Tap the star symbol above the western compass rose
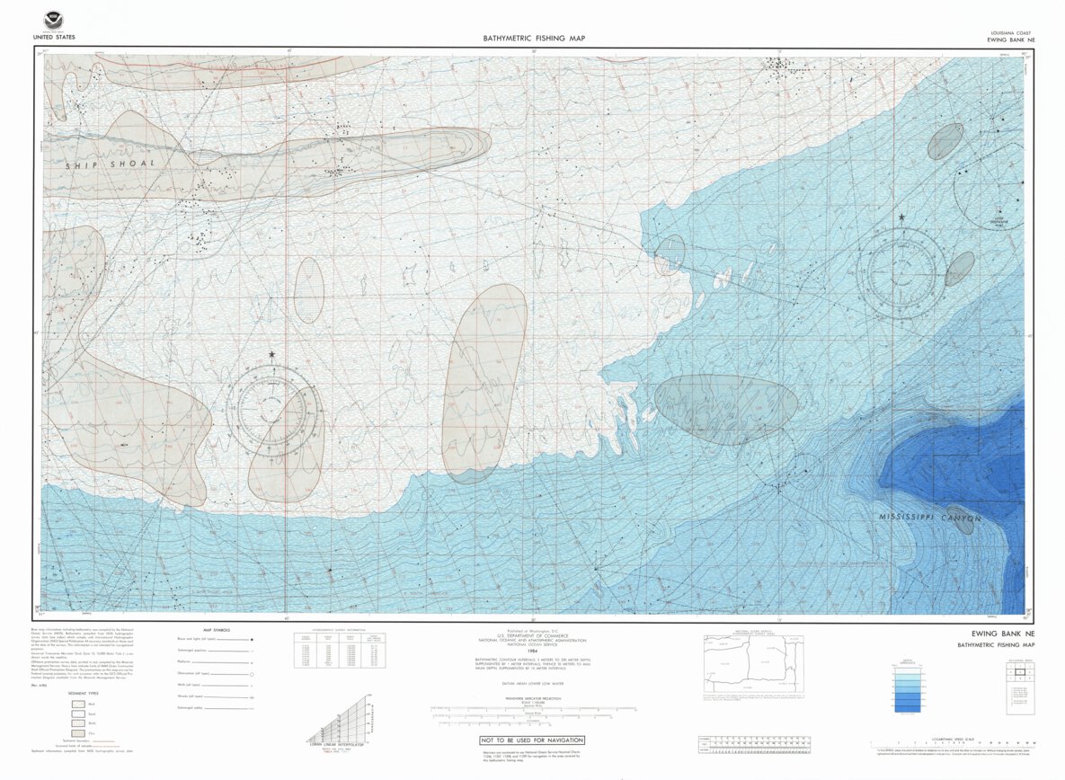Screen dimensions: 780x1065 (272, 355)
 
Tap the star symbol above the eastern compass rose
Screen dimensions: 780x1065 (901, 217)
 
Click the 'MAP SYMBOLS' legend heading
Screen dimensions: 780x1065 (217, 630)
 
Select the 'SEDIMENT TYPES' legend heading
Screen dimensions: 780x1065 (85, 694)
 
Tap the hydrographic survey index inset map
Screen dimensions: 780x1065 (753, 665)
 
